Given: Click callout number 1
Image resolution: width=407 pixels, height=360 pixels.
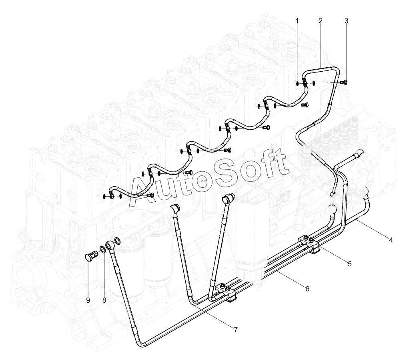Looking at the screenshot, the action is [x=297, y=21].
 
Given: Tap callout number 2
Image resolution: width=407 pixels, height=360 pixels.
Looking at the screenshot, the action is [x=321, y=21].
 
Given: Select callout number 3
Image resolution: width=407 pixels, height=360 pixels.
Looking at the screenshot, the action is [x=346, y=21].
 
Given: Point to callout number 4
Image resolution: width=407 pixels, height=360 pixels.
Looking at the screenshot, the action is [x=391, y=240].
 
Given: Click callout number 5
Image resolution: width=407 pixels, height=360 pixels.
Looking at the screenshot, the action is [x=350, y=264].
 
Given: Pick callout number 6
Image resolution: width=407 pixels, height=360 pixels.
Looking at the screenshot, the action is [x=307, y=289].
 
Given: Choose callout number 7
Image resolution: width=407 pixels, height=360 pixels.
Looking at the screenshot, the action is [x=235, y=330].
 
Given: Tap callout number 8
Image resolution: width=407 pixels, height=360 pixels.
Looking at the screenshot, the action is [x=104, y=300].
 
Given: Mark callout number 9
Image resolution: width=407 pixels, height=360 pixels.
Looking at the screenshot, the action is [x=88, y=300].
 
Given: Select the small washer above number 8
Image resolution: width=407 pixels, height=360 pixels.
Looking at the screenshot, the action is [x=102, y=249].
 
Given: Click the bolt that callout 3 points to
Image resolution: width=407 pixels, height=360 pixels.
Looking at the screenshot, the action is [x=343, y=82].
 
